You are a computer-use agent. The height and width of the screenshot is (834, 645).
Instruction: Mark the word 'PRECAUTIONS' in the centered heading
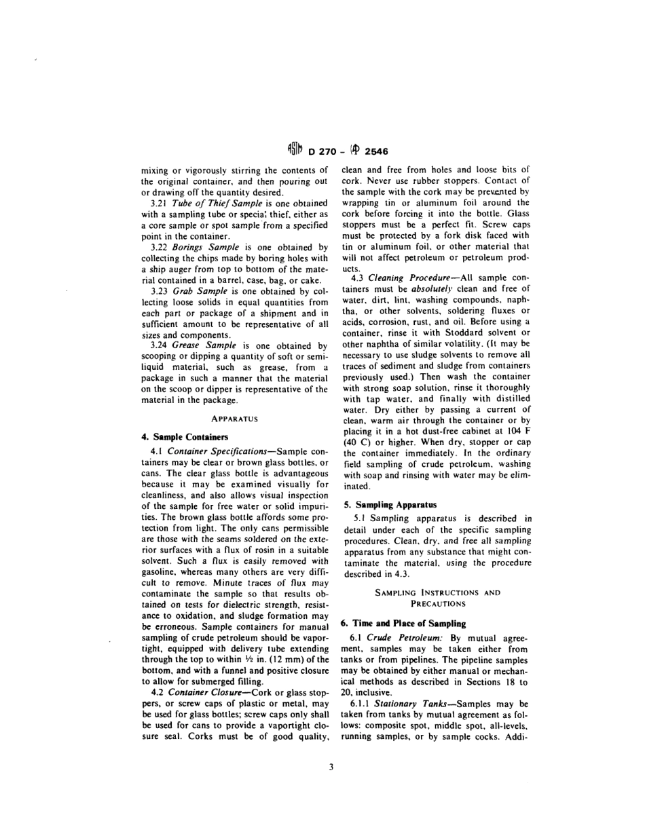[x=437, y=603]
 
